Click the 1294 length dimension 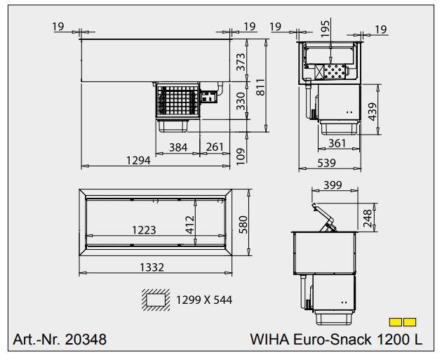139,161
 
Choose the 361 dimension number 337,143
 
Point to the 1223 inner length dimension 143,229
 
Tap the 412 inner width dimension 189,225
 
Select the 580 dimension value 243,225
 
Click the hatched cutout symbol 156,300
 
